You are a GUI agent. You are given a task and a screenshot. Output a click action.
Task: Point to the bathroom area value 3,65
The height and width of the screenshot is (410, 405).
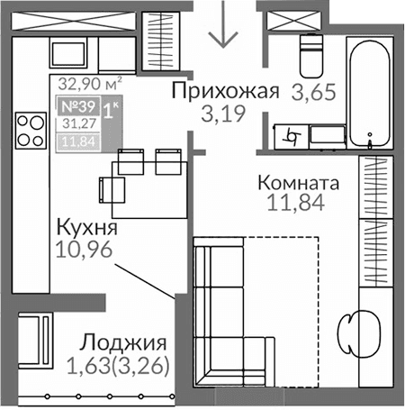[x=309, y=91]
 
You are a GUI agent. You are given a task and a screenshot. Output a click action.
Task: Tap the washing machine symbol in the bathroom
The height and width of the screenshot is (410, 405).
[x=292, y=136]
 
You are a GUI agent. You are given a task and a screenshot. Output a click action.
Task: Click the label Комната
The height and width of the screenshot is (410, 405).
[x=298, y=183]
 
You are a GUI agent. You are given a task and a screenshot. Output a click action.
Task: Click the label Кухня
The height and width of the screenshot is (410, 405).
[x=86, y=226]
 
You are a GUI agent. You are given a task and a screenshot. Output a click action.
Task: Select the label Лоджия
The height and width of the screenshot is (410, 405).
[x=122, y=343]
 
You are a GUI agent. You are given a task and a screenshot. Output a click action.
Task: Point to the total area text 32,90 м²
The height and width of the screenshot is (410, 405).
[x=89, y=85]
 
